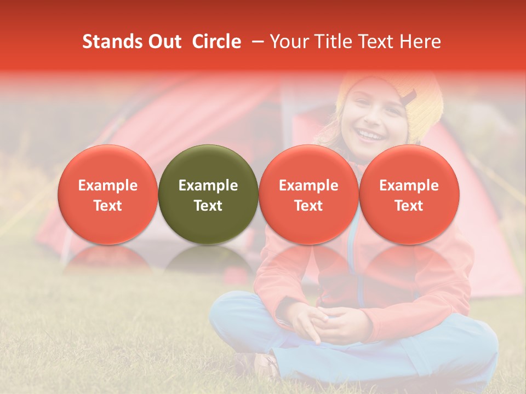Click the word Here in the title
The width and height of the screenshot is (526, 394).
click(420, 42)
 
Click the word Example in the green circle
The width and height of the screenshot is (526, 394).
click(208, 186)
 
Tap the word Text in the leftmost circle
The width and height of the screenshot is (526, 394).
click(108, 206)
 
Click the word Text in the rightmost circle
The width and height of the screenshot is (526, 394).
click(409, 206)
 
